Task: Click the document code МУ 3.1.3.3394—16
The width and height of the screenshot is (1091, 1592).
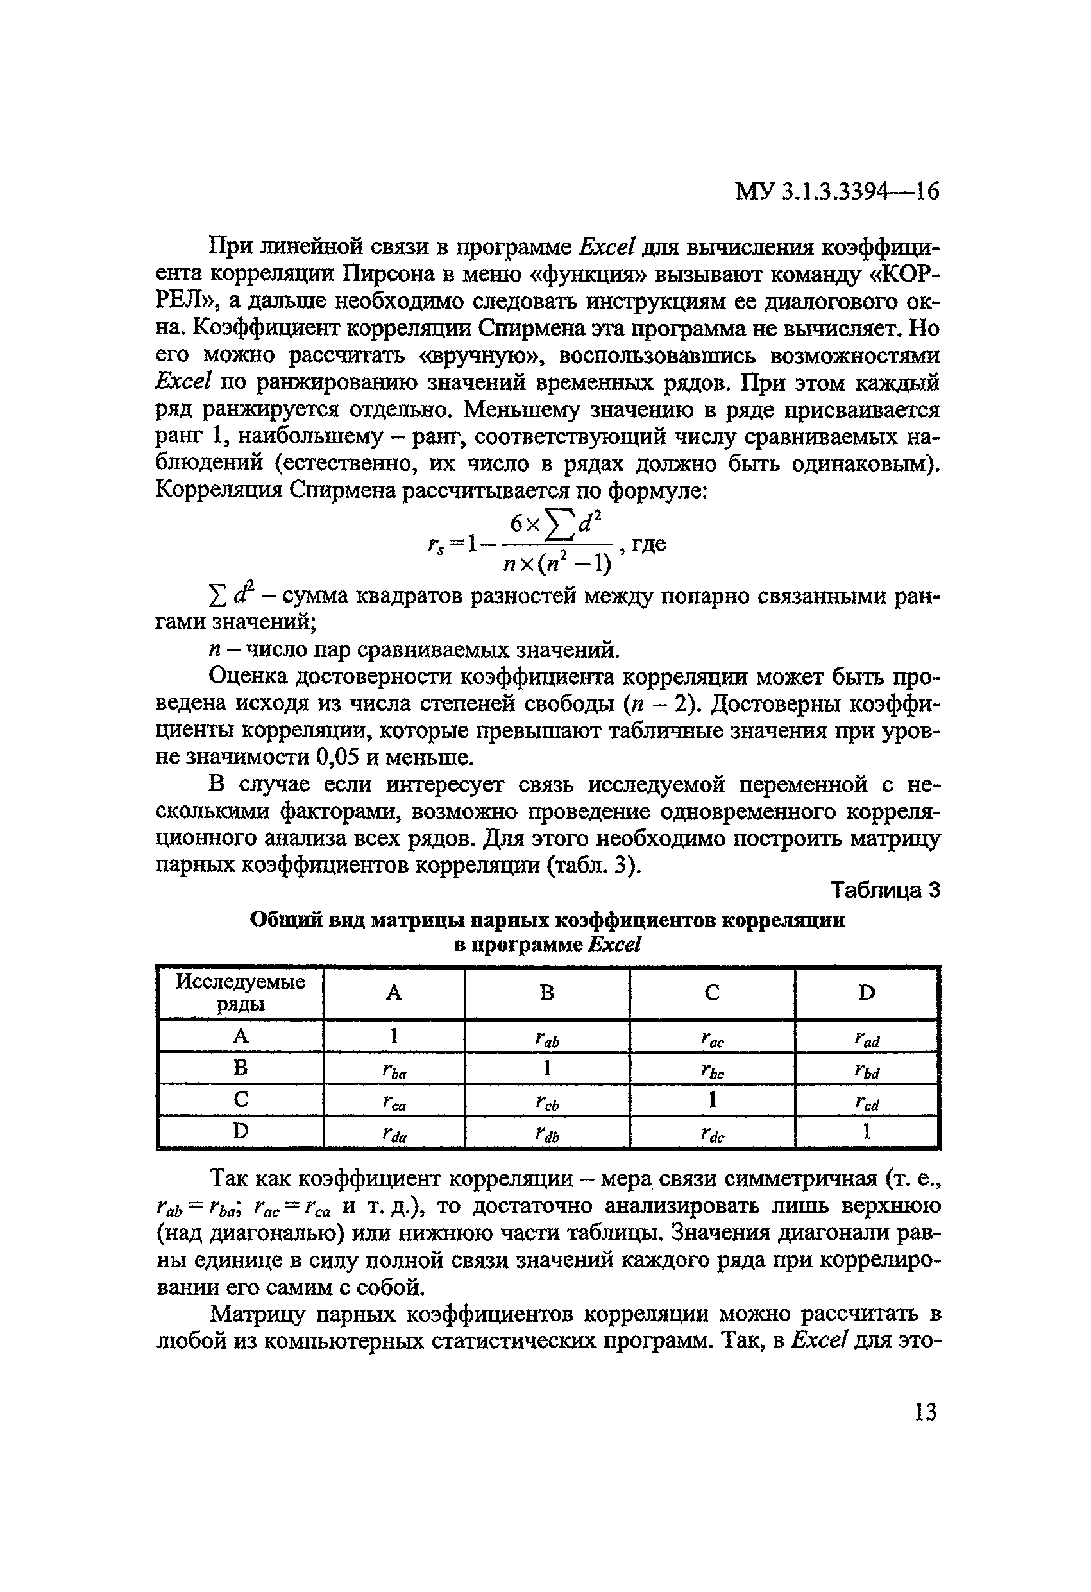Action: [x=837, y=191]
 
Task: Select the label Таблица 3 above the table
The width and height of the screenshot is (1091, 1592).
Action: [x=885, y=891]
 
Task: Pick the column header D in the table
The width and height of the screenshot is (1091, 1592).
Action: [x=867, y=993]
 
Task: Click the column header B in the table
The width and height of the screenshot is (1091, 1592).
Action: [x=546, y=993]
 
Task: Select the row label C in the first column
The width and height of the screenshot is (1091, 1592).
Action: [x=240, y=1099]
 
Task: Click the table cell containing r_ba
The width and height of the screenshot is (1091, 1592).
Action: [x=394, y=1071]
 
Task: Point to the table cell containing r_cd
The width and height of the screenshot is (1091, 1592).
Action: [x=867, y=1102]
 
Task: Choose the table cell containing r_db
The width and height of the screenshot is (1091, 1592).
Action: [x=546, y=1134]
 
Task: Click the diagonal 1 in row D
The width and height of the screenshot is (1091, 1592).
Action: [x=867, y=1132]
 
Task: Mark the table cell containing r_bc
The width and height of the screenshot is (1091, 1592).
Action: [x=713, y=1071]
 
